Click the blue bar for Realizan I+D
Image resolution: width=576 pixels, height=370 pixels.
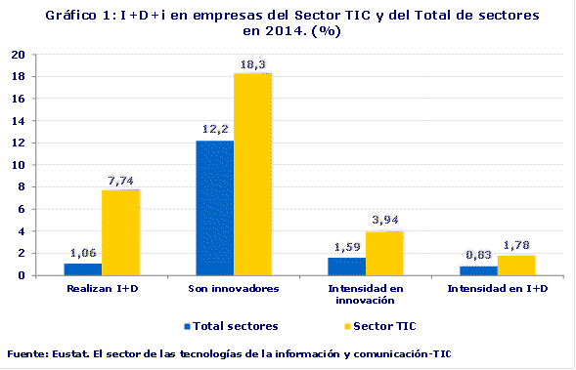coord(83,269)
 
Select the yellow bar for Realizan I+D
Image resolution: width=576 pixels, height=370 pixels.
coord(121,232)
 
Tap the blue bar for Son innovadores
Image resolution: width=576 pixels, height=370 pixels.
coord(214,208)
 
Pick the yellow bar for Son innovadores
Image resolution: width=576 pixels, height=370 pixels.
coord(252,174)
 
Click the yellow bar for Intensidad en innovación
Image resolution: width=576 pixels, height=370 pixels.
coord(384,254)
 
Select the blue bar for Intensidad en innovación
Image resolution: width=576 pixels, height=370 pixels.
coord(346,267)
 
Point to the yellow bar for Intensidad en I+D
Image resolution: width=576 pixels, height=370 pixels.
coord(515,266)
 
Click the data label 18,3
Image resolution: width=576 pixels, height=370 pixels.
coord(253,64)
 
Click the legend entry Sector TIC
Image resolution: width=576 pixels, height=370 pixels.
coord(359,325)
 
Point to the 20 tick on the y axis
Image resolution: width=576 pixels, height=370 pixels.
coord(18,55)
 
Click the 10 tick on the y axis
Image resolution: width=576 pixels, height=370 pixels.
coord(18,165)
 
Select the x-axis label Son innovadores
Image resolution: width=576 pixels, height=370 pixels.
coord(233,290)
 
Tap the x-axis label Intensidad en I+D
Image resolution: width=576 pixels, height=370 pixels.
coord(496,290)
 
